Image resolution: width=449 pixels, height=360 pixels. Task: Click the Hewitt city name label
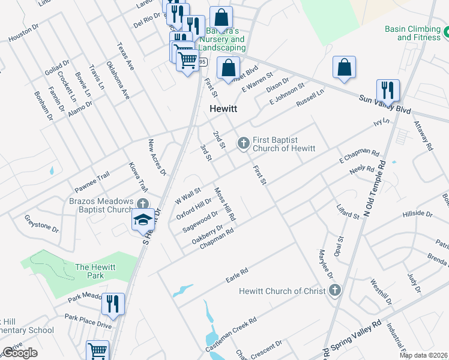click(x=223, y=109)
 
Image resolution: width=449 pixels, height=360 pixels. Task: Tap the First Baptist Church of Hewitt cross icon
click(x=243, y=142)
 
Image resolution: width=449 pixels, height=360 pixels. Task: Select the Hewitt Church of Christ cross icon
click(x=335, y=291)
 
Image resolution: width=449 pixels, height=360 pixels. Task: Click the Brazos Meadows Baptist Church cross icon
click(x=142, y=204)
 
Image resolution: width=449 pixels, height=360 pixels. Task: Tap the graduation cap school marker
click(x=143, y=220)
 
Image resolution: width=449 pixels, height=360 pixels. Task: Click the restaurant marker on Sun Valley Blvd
click(x=388, y=91)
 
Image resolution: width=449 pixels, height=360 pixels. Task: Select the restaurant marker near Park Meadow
click(x=113, y=304)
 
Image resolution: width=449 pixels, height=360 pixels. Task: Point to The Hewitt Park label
click(x=90, y=271)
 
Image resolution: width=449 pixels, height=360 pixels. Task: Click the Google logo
click(x=20, y=353)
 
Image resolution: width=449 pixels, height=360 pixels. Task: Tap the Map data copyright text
click(x=423, y=355)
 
